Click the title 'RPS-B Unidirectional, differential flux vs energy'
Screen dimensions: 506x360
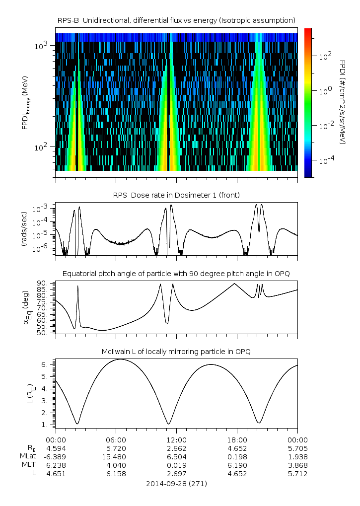pos(176,20)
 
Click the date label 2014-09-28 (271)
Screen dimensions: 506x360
pos(176,483)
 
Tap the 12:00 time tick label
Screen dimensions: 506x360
pos(176,440)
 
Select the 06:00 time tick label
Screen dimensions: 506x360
pos(116,440)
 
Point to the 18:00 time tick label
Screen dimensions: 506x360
pos(237,440)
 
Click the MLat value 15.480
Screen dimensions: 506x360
pos(116,457)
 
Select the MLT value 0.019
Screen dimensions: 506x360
pos(176,465)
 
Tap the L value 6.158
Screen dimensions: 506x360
pos(116,474)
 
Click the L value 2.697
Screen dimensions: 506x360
pos(176,474)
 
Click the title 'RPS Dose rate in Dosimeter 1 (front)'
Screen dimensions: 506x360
pos(176,195)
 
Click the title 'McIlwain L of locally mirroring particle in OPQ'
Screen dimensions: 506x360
pos(176,352)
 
